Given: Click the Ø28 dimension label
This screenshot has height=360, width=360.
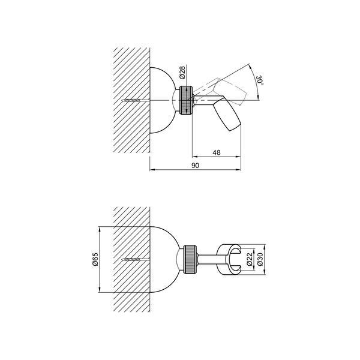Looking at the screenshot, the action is coord(182,73).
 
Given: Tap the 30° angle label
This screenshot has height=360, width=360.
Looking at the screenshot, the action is coord(260,80).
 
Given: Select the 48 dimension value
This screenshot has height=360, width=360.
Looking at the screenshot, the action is coord(216,152).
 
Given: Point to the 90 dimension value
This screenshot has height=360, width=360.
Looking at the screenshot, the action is coord(195,166).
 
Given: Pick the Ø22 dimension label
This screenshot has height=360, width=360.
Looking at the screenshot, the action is coord(250,259).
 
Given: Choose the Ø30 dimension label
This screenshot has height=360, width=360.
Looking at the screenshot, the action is coord(260,259).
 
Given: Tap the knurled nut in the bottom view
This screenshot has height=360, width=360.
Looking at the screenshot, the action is coord(190,259).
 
